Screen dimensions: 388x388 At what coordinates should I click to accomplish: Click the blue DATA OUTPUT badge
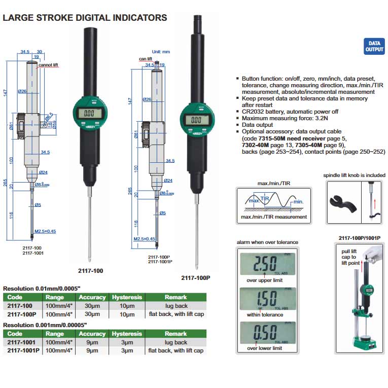coord(374,46)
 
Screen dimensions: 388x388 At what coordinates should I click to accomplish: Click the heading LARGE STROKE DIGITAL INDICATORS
coord(85,18)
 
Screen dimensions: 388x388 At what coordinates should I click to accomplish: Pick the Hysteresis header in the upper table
coord(126,297)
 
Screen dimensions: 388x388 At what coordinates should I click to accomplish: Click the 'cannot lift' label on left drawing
coord(49,64)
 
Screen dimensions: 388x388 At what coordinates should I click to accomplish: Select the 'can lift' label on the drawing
coord(146,59)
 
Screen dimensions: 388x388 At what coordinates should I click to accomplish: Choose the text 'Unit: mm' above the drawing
coord(161,52)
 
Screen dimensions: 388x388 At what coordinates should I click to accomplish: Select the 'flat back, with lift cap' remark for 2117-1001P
coord(175,351)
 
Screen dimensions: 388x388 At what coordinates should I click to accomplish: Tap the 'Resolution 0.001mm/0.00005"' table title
coord(45,324)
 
